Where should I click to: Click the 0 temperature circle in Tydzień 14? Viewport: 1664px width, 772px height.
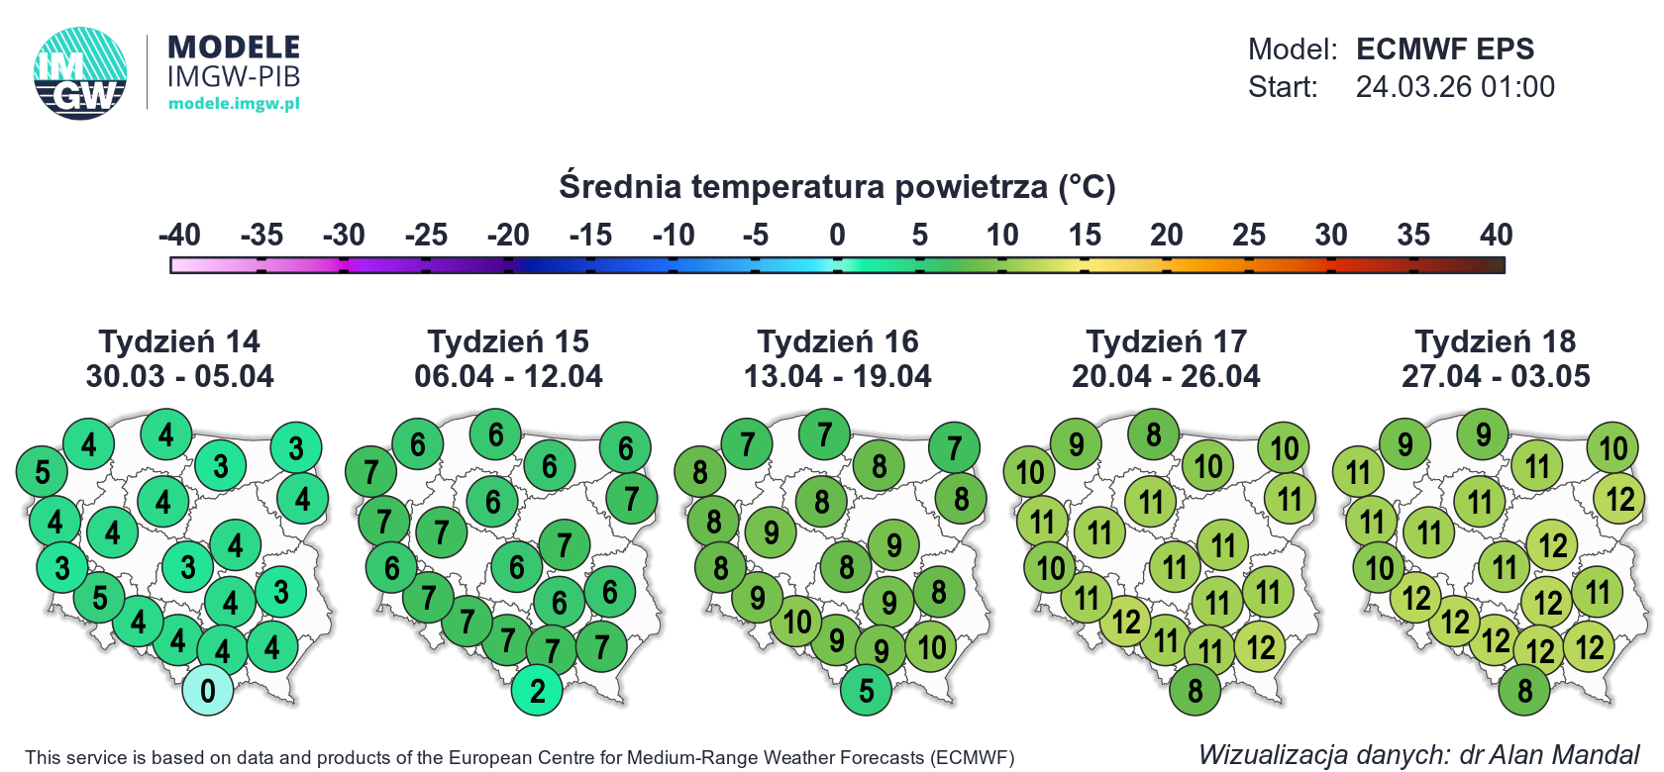click(x=207, y=690)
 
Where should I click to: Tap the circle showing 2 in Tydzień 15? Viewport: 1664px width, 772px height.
click(x=537, y=690)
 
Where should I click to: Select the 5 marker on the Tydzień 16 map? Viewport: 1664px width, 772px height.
click(x=866, y=690)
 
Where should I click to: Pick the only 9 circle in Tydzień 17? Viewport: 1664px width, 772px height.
click(x=1076, y=444)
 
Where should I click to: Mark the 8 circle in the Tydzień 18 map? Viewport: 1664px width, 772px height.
click(x=1524, y=690)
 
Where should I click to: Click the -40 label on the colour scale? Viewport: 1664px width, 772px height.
click(x=179, y=235)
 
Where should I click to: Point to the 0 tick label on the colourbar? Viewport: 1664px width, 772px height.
click(x=837, y=235)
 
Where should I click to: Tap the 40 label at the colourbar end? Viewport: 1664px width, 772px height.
click(x=1496, y=235)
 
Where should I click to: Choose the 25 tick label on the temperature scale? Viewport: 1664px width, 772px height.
click(x=1249, y=235)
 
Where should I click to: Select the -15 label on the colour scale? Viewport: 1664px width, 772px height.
click(x=590, y=235)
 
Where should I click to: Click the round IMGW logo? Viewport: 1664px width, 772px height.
click(x=80, y=73)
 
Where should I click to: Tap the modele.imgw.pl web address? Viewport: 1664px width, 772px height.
click(x=234, y=103)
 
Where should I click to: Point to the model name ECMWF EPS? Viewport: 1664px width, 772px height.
click(x=1445, y=48)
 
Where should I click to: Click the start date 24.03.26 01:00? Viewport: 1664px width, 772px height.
click(x=1455, y=87)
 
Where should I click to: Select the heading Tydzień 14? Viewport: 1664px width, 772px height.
click(x=179, y=341)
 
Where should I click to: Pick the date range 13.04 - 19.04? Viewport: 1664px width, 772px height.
click(x=837, y=376)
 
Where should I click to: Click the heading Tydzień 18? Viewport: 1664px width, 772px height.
click(x=1496, y=341)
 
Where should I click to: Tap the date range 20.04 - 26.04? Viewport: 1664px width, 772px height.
click(x=1166, y=376)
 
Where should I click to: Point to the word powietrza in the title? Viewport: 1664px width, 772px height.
click(x=971, y=186)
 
